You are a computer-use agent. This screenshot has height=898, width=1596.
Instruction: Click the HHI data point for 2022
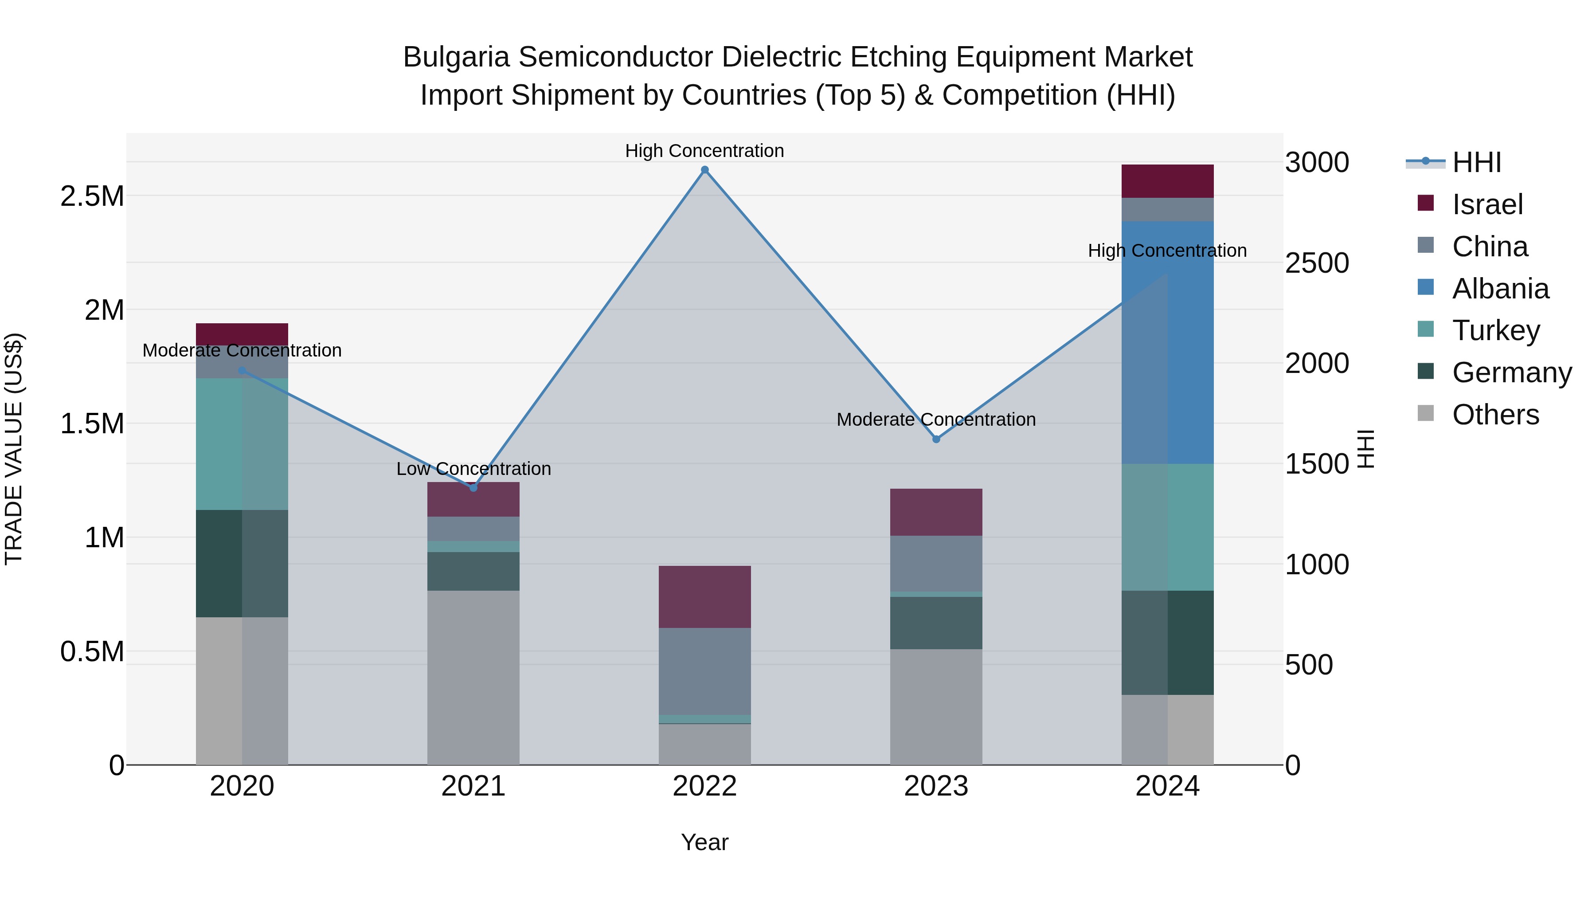tap(704, 170)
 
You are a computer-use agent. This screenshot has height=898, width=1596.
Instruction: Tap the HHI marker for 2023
tap(936, 439)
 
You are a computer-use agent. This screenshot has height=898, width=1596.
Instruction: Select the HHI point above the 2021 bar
tap(473, 488)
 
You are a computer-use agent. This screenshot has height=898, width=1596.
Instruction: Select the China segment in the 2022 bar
tap(704, 671)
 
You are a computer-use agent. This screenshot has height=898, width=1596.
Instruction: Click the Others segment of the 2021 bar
tap(473, 677)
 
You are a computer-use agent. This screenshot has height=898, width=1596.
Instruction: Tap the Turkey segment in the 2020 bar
tap(242, 444)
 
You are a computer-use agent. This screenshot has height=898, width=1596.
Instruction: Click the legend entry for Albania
tap(1500, 289)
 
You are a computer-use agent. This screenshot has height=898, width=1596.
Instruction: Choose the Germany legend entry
tap(1511, 373)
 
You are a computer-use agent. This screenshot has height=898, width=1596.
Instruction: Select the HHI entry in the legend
tap(1476, 162)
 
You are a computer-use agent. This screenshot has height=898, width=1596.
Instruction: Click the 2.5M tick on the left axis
tap(92, 196)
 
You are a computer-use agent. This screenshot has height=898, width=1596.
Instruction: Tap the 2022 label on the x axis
tap(704, 786)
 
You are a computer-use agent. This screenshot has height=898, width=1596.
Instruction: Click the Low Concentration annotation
tap(473, 469)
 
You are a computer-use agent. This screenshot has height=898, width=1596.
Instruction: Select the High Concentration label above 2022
tap(704, 151)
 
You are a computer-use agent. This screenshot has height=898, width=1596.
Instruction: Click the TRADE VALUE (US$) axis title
tap(14, 449)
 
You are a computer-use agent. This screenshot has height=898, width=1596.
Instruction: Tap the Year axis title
tap(704, 842)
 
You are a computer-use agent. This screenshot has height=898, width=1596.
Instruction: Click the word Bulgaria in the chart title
tap(456, 57)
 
